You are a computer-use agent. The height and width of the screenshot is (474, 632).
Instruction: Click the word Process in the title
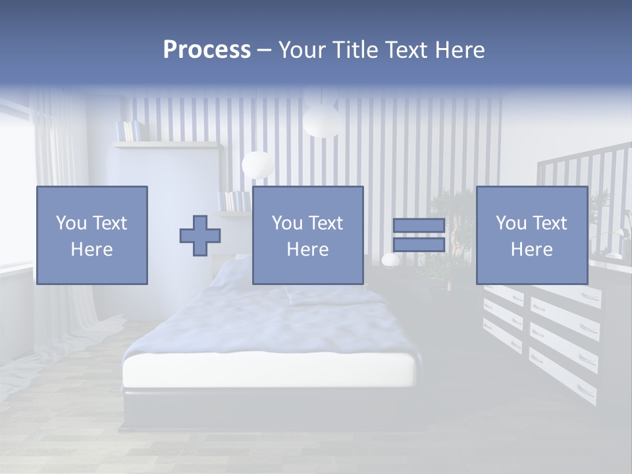click(207, 50)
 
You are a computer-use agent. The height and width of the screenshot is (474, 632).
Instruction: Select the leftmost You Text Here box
click(92, 235)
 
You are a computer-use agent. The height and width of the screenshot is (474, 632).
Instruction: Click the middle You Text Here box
click(307, 235)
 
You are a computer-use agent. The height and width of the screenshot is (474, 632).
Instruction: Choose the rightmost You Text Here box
click(531, 235)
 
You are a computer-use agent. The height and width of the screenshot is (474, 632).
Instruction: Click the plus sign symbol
click(200, 236)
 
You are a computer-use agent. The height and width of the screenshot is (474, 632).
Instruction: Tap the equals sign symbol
click(419, 235)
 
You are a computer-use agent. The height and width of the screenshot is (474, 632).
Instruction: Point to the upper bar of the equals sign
click(419, 226)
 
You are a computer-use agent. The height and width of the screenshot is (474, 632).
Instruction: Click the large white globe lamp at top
click(321, 119)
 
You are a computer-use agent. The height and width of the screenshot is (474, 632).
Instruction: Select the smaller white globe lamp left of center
click(257, 164)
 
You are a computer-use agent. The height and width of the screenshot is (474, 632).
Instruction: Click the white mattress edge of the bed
click(270, 372)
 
